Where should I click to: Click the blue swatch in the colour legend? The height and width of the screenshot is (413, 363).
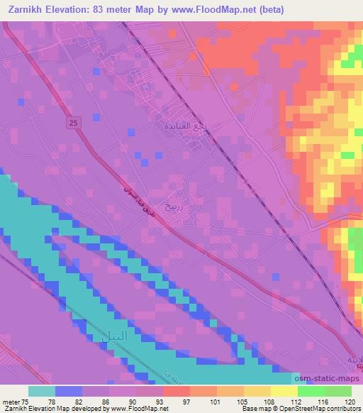pyautogui.click(x=69, y=390)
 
